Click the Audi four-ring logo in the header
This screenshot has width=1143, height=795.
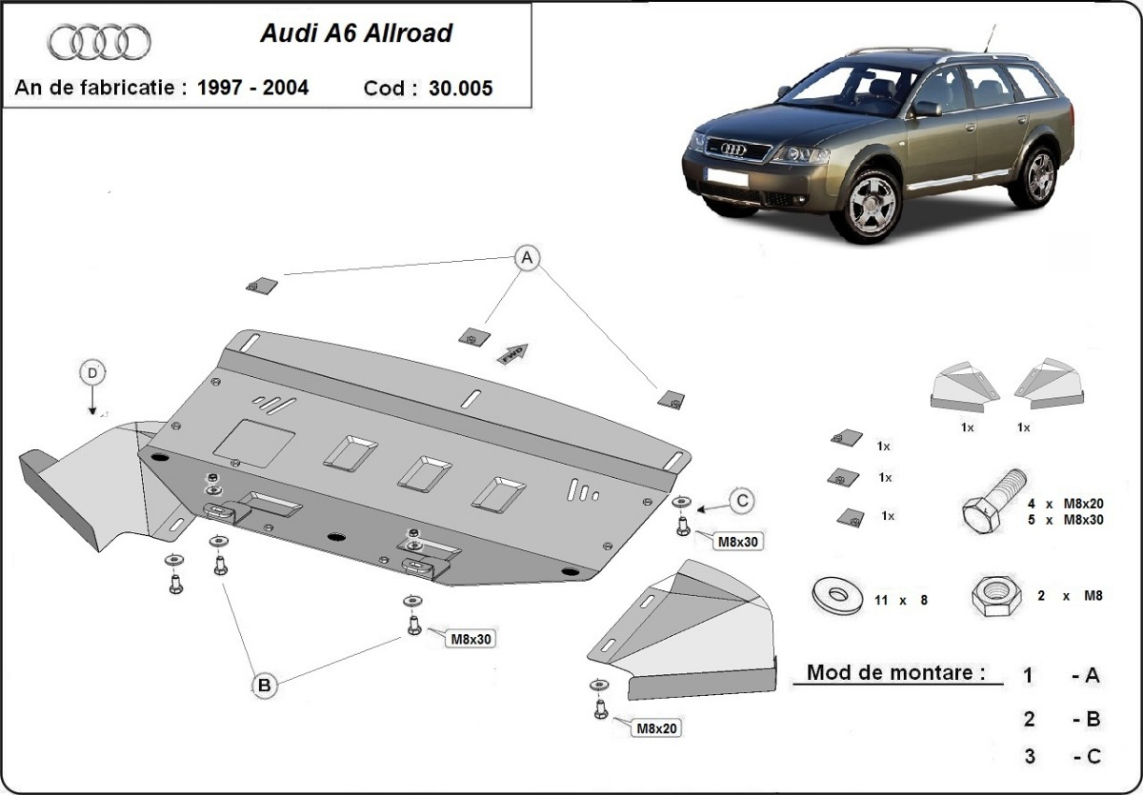click(99, 42)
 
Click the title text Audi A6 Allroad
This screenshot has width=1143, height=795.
click(356, 34)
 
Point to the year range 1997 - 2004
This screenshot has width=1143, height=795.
click(252, 88)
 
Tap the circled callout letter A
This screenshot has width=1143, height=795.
click(526, 257)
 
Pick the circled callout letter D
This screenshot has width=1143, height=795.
click(92, 373)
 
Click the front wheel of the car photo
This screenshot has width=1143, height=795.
click(870, 202)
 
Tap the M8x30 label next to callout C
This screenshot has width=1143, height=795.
click(739, 542)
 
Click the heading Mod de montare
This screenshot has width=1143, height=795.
click(895, 672)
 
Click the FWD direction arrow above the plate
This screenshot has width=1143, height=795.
click(511, 352)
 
